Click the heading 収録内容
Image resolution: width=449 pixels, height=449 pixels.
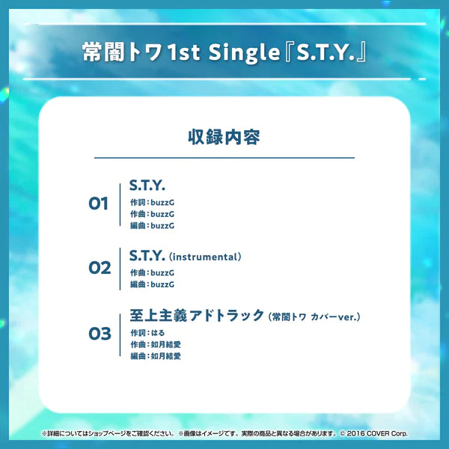[x=224, y=138]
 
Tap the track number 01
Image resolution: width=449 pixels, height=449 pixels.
[x=99, y=204]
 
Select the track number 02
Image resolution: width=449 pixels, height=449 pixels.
[x=99, y=268]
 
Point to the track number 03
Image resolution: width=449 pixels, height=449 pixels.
[x=99, y=334]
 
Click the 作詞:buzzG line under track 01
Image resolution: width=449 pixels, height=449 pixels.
[x=152, y=203]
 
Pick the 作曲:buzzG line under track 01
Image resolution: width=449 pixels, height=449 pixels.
[x=152, y=214]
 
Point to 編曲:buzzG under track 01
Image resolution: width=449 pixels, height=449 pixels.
[x=152, y=225]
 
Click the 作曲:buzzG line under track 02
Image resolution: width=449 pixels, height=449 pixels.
[x=152, y=274]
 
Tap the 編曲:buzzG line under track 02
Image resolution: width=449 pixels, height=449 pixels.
[x=152, y=285]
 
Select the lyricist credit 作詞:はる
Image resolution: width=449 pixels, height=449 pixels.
[x=147, y=332]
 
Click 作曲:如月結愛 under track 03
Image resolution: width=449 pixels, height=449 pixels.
[x=156, y=344]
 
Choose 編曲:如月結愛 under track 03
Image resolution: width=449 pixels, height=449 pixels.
[x=156, y=356]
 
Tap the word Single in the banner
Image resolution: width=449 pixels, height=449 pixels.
[x=245, y=53]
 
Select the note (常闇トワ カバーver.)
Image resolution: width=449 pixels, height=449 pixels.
[x=314, y=317]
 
